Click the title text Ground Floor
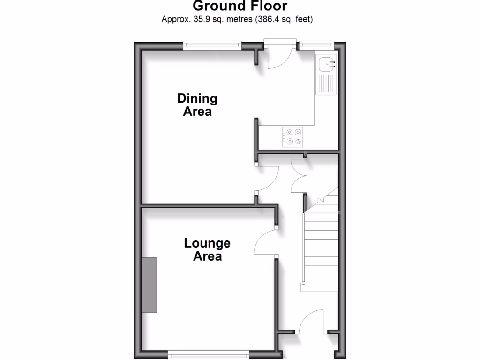240,6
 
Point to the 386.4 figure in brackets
268,20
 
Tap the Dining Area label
197,105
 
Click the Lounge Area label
207,250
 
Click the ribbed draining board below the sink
326,84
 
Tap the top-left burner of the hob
289,132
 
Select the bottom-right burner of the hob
298,141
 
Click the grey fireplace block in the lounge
150,285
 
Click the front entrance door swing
310,322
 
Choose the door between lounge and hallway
265,241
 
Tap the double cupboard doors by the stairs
299,176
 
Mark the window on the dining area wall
212,45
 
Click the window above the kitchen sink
316,45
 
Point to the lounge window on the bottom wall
209,356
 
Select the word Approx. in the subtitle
173,20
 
